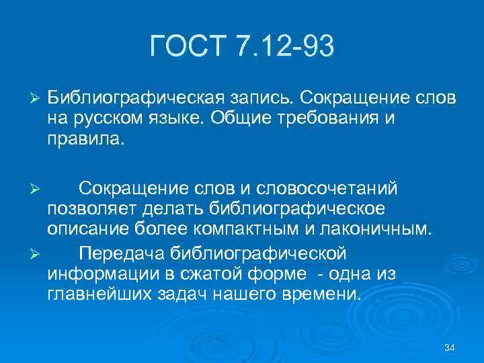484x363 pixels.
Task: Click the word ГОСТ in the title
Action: pyautogui.click(x=188, y=48)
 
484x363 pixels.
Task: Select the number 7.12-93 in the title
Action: pyautogui.click(x=285, y=48)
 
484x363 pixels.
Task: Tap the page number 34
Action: pyautogui.click(x=450, y=347)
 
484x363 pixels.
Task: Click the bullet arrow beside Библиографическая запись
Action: pyautogui.click(x=36, y=98)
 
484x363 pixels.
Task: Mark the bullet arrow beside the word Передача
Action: pyautogui.click(x=36, y=255)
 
